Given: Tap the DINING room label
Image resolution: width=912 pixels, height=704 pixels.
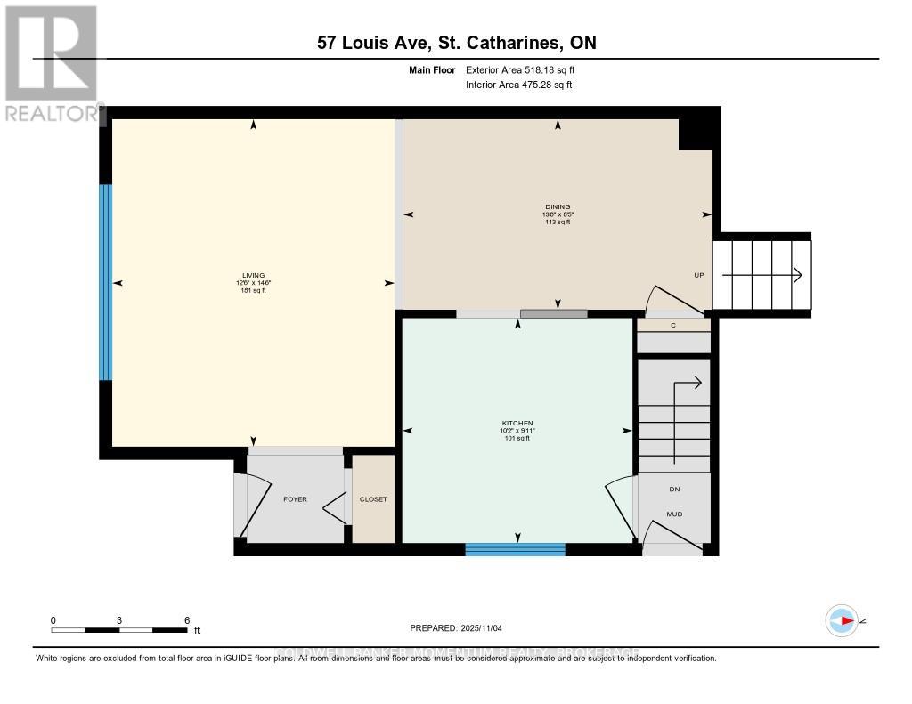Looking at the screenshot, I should pyautogui.click(x=558, y=206).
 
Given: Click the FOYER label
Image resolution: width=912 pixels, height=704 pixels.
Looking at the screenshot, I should pyautogui.click(x=295, y=499).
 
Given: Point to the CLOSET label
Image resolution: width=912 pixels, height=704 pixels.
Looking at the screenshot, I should pyautogui.click(x=373, y=499).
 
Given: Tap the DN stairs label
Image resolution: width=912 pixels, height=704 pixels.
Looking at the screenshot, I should pyautogui.click(x=674, y=489).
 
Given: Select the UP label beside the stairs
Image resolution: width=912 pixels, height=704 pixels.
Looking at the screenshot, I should pyautogui.click(x=699, y=275).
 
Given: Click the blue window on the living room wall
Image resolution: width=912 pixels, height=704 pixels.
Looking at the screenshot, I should pyautogui.click(x=105, y=282).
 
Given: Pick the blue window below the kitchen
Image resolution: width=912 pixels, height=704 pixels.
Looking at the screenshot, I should pyautogui.click(x=515, y=550).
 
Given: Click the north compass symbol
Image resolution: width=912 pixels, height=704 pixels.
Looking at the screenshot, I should pyautogui.click(x=841, y=620).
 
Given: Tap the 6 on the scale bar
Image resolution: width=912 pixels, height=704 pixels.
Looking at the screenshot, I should pyautogui.click(x=186, y=620).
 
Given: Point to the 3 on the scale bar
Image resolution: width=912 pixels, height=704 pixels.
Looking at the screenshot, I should pyautogui.click(x=118, y=620).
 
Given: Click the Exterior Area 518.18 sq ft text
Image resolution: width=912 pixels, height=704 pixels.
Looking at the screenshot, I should pyautogui.click(x=526, y=69).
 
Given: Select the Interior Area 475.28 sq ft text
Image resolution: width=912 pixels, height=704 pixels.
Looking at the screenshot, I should pyautogui.click(x=519, y=85).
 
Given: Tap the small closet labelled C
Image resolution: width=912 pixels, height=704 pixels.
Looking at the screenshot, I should pyautogui.click(x=673, y=326).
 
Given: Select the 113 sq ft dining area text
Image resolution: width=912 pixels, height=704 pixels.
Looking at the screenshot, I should pyautogui.click(x=557, y=222).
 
